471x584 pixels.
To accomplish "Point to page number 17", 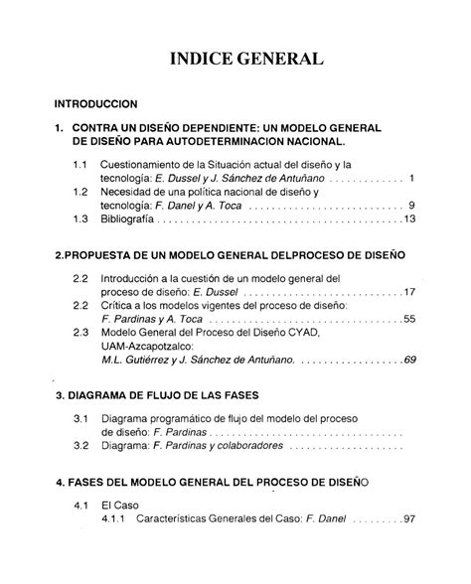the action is pos(408,293).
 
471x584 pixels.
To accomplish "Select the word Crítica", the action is pos(121,307).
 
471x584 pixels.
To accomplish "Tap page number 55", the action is pos(408,321).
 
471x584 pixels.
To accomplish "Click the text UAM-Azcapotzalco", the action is pos(154,348).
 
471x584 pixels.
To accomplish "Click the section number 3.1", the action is pos(80,420).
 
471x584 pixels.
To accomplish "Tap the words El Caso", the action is pos(120,506).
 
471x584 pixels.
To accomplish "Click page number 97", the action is pos(408,519).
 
